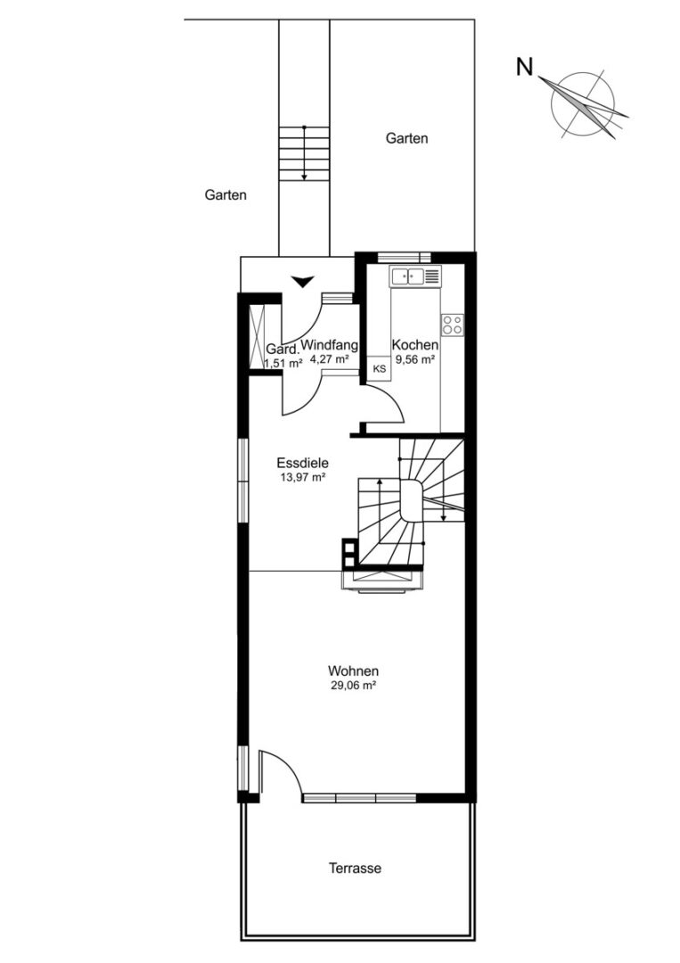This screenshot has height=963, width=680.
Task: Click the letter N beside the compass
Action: (x=524, y=67)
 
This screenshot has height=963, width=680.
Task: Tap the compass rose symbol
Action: (x=583, y=103)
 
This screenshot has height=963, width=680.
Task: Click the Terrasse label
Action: (x=355, y=868)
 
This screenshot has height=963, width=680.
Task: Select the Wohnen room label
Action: (x=353, y=671)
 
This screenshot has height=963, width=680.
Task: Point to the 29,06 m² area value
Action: (x=353, y=686)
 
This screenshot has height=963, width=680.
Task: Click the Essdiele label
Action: (x=302, y=463)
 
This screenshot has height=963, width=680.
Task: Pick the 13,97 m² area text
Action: (x=302, y=477)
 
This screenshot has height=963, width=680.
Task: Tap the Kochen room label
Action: (x=415, y=345)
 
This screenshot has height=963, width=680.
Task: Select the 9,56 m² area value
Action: (x=415, y=360)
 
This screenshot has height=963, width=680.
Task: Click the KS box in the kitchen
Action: (x=380, y=369)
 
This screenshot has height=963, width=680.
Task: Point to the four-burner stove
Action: (x=453, y=325)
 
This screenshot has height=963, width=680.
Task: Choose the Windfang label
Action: (x=330, y=345)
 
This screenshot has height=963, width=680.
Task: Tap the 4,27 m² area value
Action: (x=330, y=360)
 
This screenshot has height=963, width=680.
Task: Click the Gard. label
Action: (x=283, y=350)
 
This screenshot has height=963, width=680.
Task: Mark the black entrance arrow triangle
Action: (x=302, y=282)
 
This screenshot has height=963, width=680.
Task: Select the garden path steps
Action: (x=305, y=153)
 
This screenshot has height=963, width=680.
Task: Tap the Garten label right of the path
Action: (x=407, y=138)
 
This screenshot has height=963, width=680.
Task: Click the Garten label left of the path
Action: (x=225, y=195)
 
